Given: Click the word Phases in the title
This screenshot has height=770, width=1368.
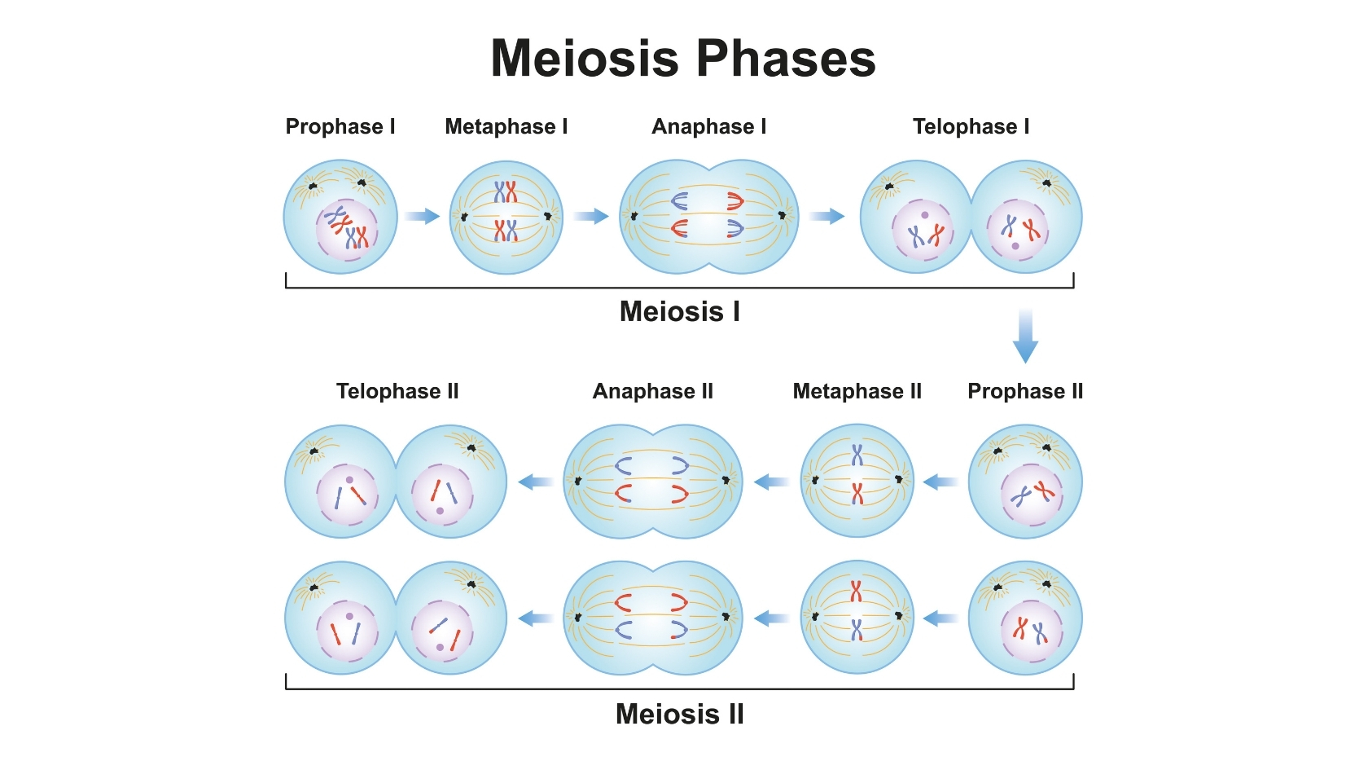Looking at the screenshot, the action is click(786, 59).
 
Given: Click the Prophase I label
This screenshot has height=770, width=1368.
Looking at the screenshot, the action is click(340, 126).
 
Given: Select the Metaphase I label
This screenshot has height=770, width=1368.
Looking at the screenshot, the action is click(506, 126).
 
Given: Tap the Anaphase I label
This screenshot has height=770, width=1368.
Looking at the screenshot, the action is click(709, 126).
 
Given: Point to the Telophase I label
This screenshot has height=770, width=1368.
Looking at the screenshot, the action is click(971, 126).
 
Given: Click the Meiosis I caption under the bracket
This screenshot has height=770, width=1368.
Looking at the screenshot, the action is click(680, 311).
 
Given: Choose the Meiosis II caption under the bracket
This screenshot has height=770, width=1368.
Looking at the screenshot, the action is click(680, 714).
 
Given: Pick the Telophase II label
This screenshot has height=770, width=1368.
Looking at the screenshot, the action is click(397, 391).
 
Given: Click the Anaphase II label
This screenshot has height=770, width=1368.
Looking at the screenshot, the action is click(653, 391).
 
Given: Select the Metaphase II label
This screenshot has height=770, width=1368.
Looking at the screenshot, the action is click(857, 391).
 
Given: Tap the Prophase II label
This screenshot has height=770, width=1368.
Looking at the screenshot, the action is click(1025, 391).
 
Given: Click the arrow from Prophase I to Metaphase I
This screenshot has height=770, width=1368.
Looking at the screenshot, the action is click(422, 216).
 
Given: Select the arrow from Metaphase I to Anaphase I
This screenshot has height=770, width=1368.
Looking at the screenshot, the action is click(591, 216).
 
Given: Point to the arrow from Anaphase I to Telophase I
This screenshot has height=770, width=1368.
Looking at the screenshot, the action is click(827, 216).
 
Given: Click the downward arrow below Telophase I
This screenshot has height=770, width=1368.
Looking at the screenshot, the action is click(1025, 336).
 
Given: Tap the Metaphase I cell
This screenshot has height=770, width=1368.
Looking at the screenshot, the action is click(506, 217).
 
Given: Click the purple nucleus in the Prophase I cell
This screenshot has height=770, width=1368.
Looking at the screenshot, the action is click(346, 231).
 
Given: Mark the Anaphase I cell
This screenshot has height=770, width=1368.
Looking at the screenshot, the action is click(709, 217).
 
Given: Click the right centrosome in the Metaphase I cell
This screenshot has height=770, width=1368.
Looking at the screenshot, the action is click(548, 216).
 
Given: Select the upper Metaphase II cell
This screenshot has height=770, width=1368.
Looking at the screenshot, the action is click(857, 481).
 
